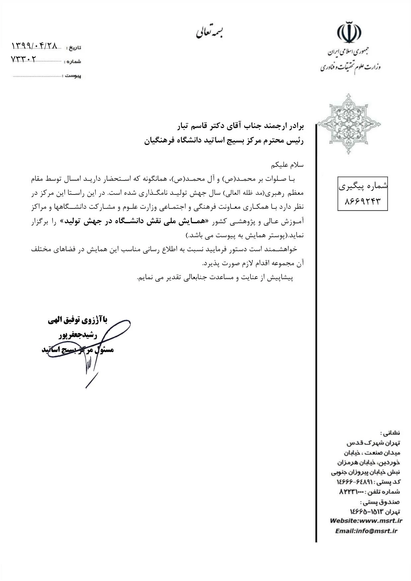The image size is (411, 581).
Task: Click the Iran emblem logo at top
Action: tap(349, 32)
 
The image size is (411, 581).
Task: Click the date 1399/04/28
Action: tap(34, 45)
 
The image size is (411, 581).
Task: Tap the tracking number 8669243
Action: tap(362, 201)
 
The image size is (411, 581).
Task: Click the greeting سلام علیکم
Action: tap(287, 165)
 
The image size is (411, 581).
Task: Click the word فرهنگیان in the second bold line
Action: tap(159, 141)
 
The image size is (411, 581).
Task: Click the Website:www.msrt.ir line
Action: tap(366, 520)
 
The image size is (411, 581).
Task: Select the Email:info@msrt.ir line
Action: tap(366, 531)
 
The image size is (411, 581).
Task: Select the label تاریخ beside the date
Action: tap(74, 47)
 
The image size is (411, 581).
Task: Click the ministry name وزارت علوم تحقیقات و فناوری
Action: tap(350, 67)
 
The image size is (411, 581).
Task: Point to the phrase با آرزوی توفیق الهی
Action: tap(78, 320)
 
